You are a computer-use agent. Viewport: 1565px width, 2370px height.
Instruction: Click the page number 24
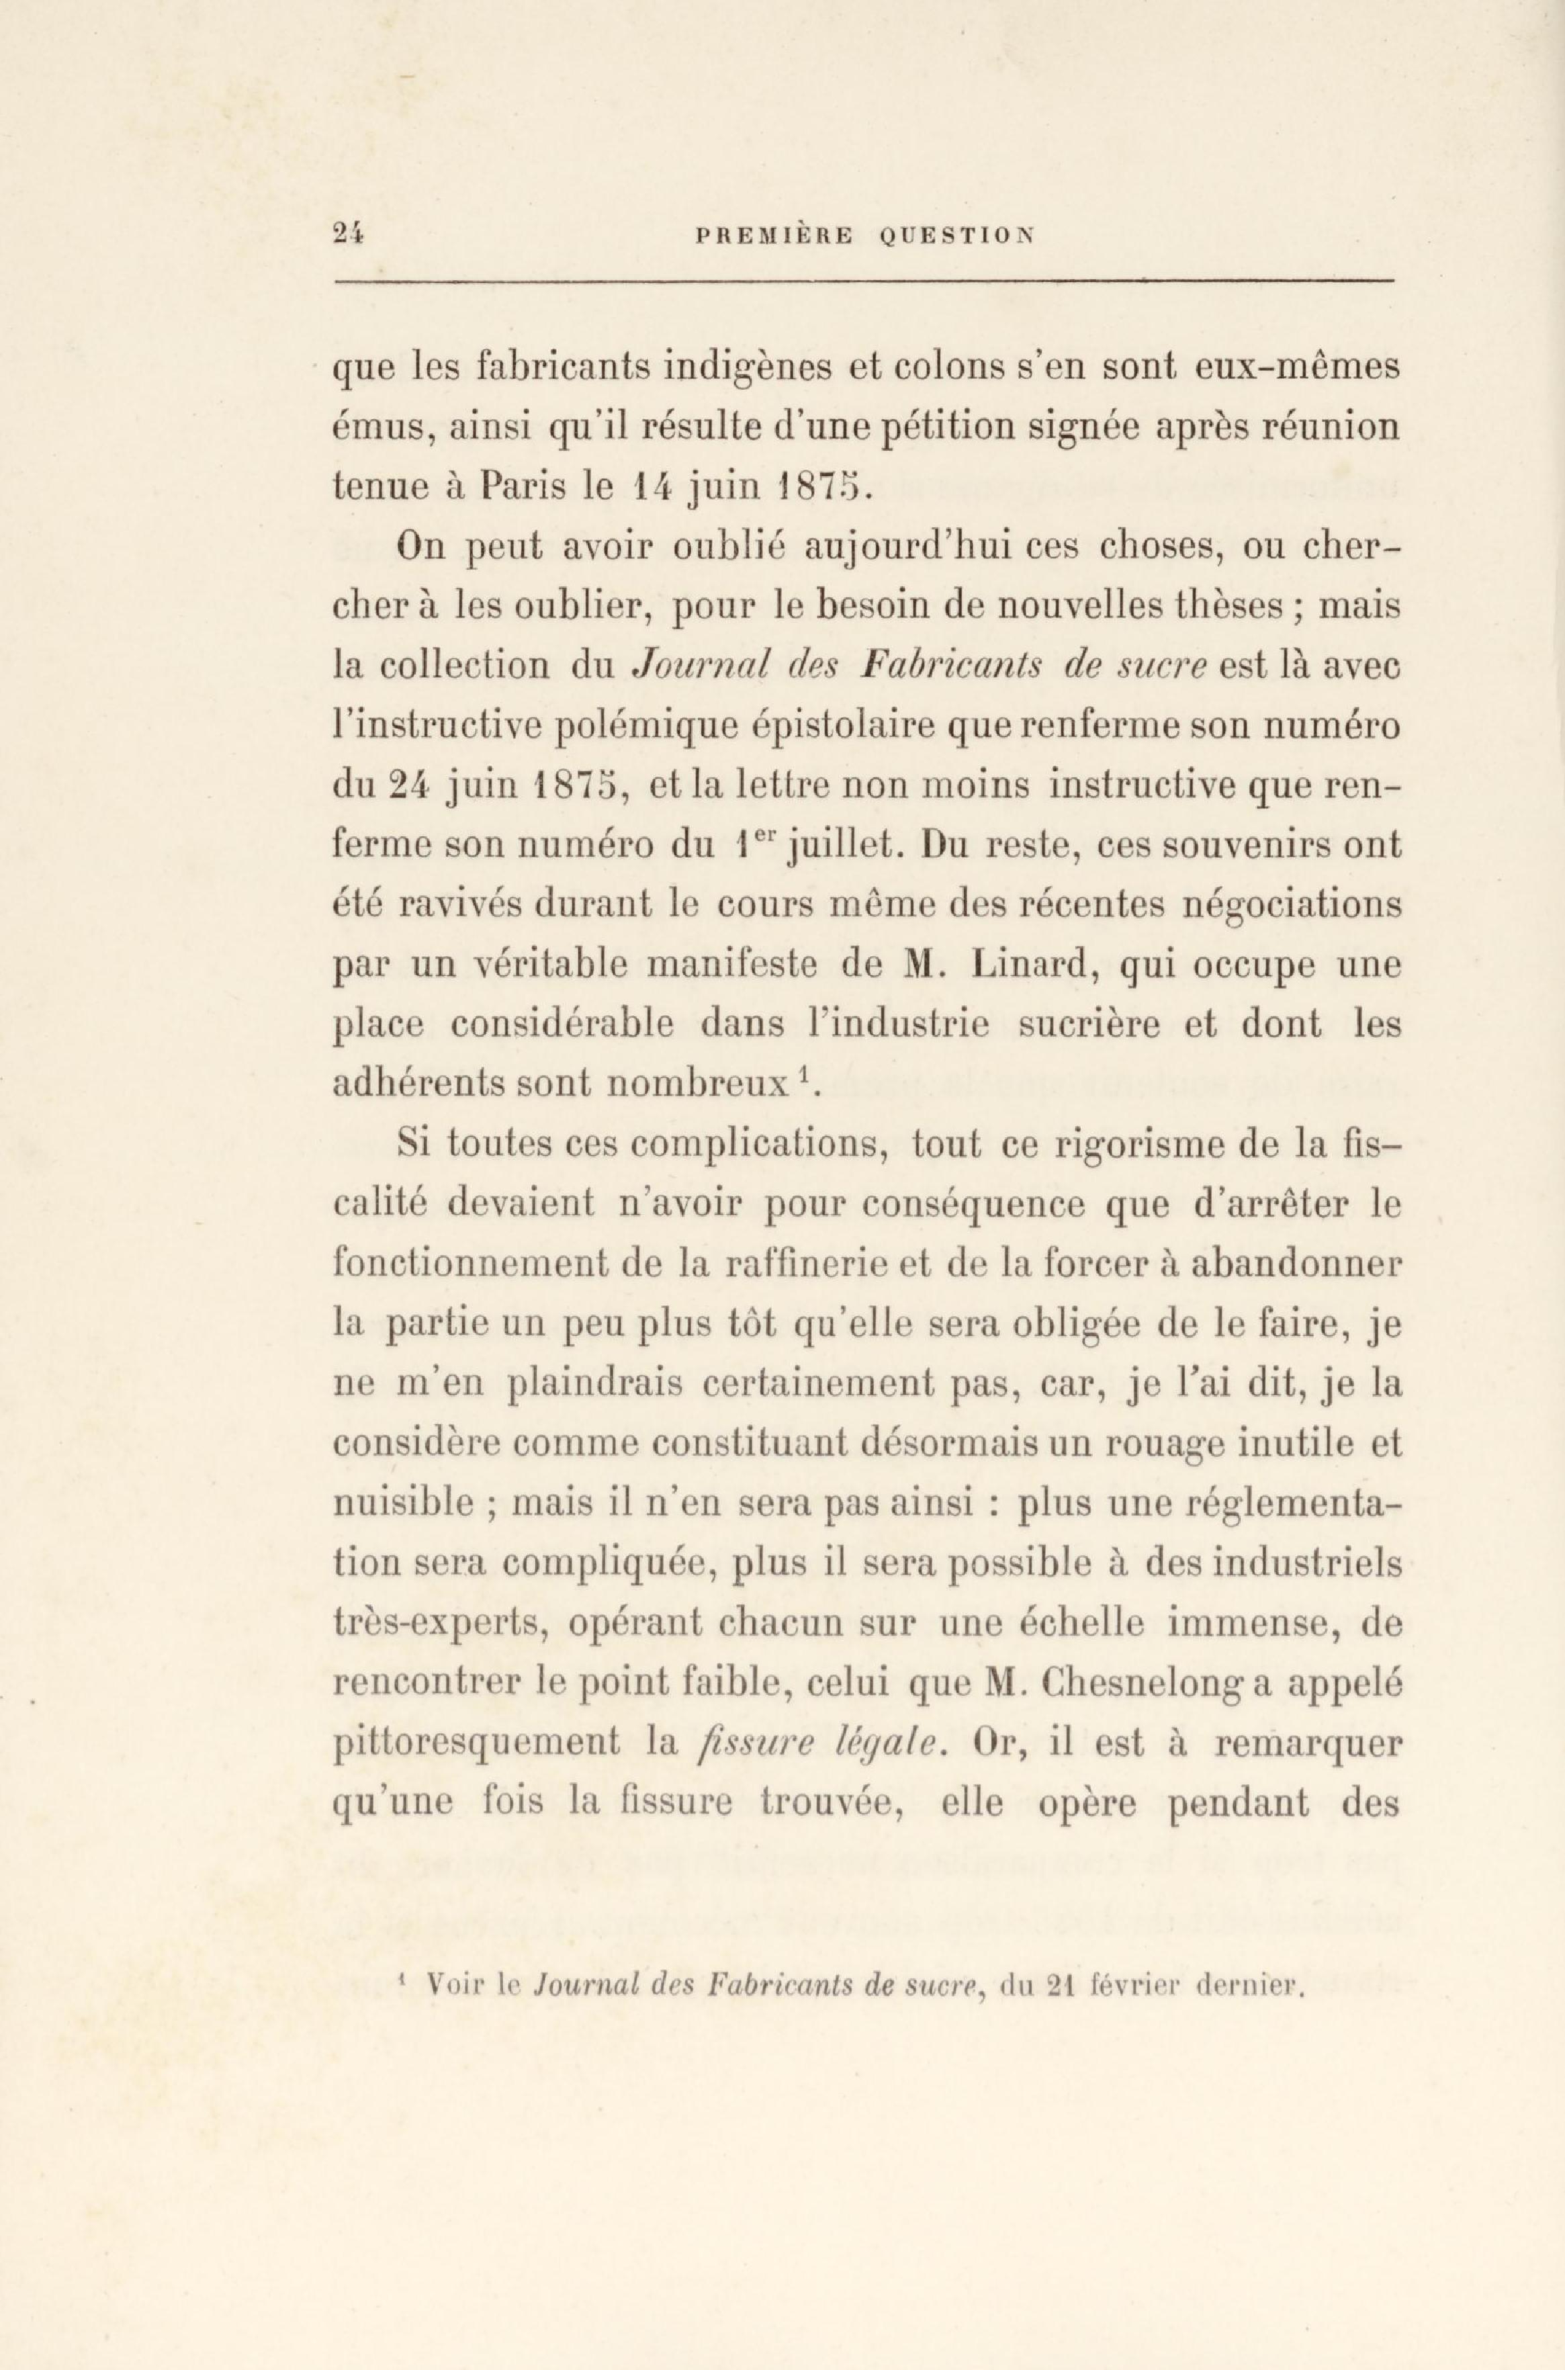coord(349,236)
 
